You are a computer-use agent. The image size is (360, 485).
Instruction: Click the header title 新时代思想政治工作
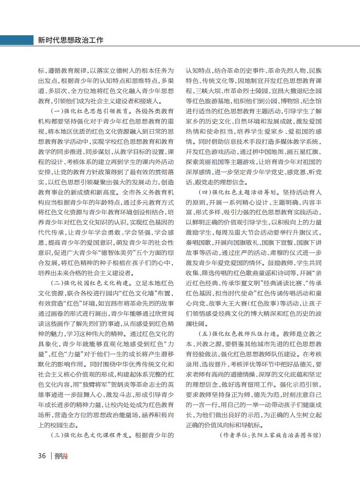pos(71,40)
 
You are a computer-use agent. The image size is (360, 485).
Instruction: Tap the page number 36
pos(42,455)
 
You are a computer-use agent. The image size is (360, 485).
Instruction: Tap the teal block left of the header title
pos(15,40)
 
